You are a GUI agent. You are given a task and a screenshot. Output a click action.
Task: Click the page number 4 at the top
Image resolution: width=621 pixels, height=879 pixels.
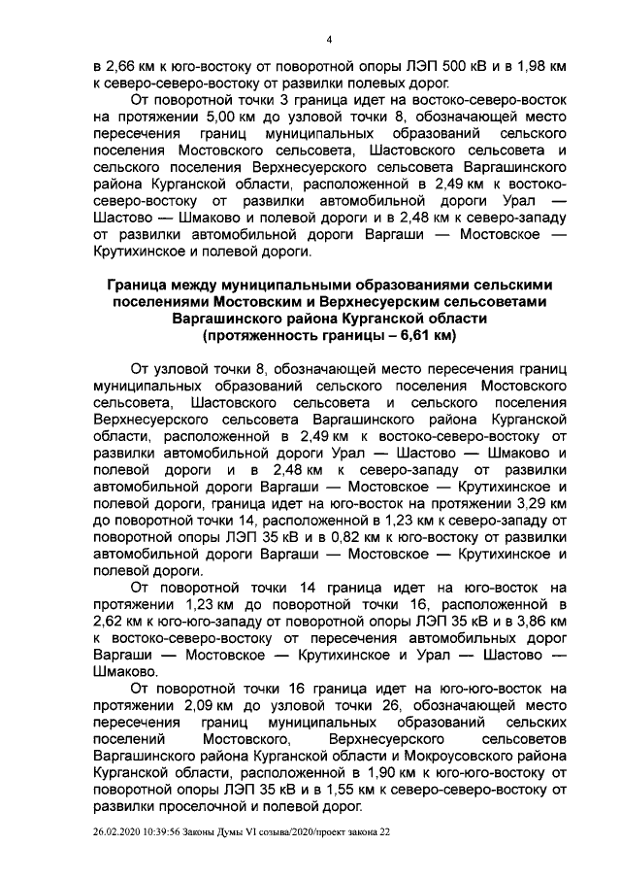329,39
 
